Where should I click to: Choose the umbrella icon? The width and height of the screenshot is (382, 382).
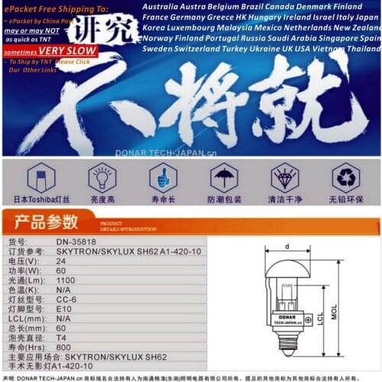223,177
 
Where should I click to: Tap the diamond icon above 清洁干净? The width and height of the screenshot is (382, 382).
284,177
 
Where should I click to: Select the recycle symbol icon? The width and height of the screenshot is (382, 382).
345,177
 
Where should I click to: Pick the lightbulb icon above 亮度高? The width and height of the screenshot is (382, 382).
102,177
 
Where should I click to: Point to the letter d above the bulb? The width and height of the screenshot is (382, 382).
286,246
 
